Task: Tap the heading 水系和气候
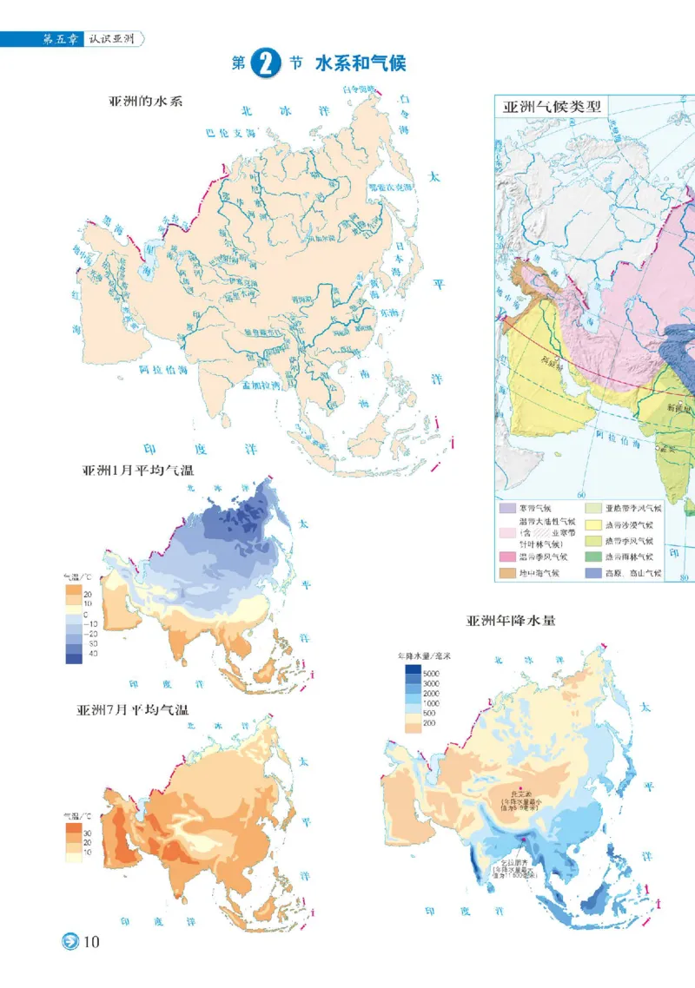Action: [361, 63]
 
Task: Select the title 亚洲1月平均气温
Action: [137, 471]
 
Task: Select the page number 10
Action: [93, 942]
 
